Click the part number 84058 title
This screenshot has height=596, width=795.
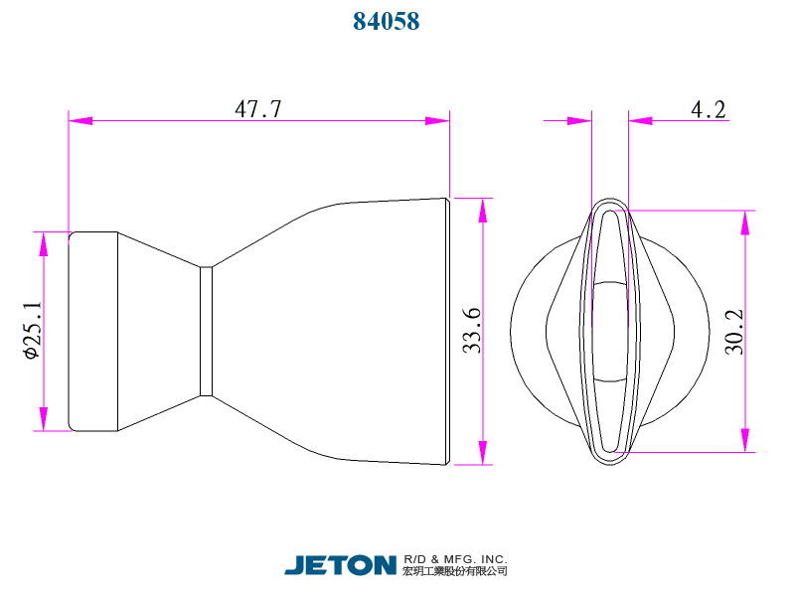coord(387,21)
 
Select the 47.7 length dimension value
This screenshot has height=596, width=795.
coord(258,109)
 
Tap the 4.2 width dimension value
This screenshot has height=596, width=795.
coord(708,109)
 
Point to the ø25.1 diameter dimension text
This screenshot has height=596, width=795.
coord(31,331)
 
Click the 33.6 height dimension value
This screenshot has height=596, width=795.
coord(472,331)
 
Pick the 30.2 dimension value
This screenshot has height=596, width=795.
coord(734,331)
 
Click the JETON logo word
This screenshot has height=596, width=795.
coord(341,565)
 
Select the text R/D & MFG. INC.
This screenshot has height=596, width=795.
coord(456,558)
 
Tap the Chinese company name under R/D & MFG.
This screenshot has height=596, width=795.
coord(456,572)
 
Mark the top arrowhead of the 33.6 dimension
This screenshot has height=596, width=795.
coord(484,210)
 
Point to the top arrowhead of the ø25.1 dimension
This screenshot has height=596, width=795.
coord(43,243)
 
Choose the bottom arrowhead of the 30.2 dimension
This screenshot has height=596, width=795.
coord(745,440)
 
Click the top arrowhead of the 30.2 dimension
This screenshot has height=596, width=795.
coord(745,222)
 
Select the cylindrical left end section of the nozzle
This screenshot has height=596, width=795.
coord(93,331)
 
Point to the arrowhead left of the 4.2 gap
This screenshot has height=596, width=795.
coord(579,120)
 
